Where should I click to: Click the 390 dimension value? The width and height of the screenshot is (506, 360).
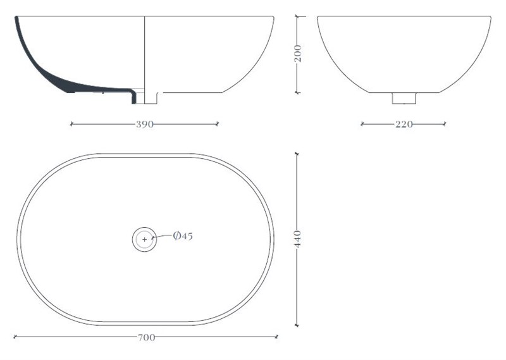pyautogui.click(x=145, y=124)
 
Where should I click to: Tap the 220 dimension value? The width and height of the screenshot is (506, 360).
pyautogui.click(x=404, y=124)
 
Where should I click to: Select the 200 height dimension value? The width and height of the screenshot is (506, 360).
pyautogui.click(x=298, y=54)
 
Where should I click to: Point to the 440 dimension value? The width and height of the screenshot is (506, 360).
pyautogui.click(x=297, y=239)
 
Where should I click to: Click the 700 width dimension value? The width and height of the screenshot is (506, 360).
pyautogui.click(x=147, y=338)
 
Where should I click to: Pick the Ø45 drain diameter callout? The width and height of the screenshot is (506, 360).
pyautogui.click(x=183, y=236)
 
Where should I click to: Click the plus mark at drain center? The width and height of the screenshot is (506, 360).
pyautogui.click(x=145, y=240)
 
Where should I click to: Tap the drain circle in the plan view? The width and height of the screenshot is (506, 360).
pyautogui.click(x=145, y=227)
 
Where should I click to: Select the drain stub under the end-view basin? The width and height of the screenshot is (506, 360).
pyautogui.click(x=404, y=98)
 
